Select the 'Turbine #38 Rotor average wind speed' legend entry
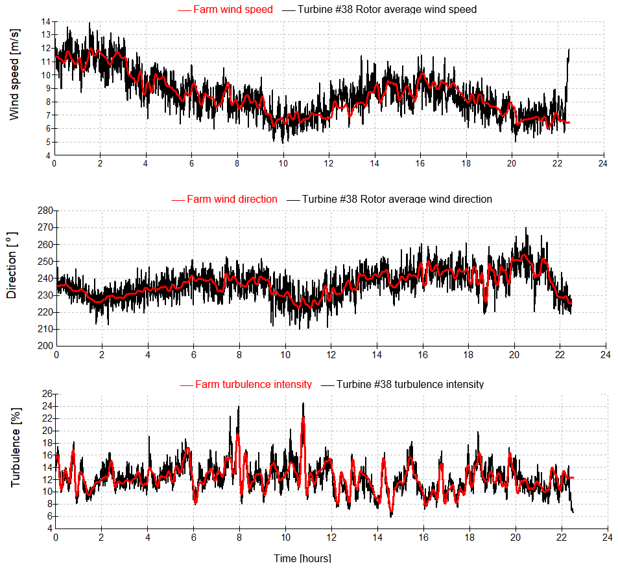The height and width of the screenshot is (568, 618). pos(386,10)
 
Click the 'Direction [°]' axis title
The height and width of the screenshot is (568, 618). pos(12,277)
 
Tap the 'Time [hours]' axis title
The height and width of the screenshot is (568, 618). pos(302,558)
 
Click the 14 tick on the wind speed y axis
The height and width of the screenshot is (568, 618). pos(45,21)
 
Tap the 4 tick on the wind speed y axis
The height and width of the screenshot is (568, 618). pos(47,155)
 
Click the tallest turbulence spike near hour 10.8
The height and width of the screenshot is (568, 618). pos(303,403)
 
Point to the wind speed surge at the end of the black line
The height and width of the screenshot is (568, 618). pos(569,50)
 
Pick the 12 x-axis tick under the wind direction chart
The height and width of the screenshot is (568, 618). pos(331,354)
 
